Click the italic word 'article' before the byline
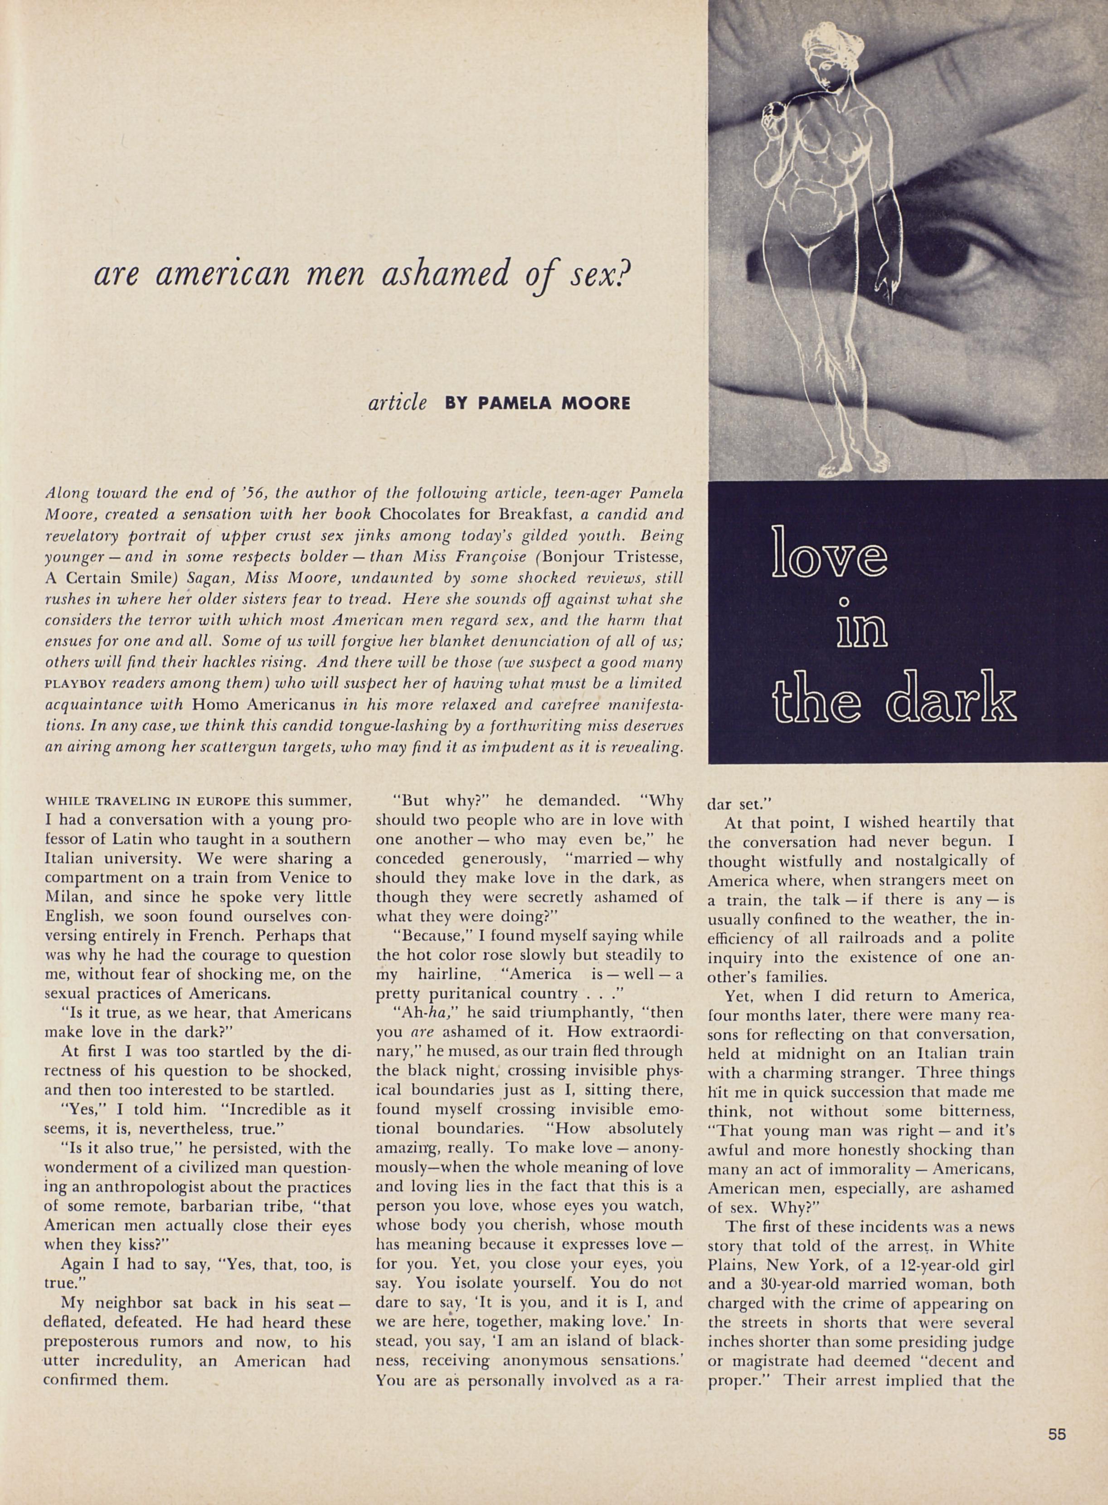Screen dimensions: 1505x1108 pyautogui.click(x=398, y=403)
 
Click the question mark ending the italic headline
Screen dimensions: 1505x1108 pyautogui.click(x=625, y=274)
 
